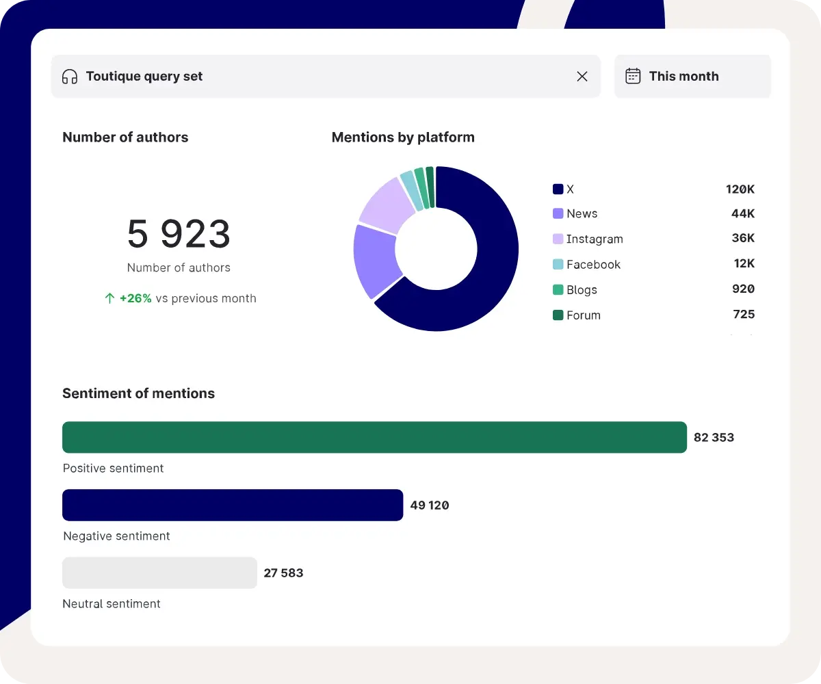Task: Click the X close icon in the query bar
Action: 582,77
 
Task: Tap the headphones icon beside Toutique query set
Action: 70,77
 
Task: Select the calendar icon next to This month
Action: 634,76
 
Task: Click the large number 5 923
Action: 179,235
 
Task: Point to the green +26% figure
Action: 135,298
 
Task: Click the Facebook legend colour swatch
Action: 558,265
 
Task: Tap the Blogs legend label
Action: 582,290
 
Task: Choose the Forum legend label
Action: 584,315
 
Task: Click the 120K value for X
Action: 740,189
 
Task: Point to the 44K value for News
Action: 743,214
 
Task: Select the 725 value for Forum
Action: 744,315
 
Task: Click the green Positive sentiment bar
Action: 374,437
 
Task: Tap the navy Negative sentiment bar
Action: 233,505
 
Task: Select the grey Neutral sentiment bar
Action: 159,573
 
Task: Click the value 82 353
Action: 714,438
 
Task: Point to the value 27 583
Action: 283,573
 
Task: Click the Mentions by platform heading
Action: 403,137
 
